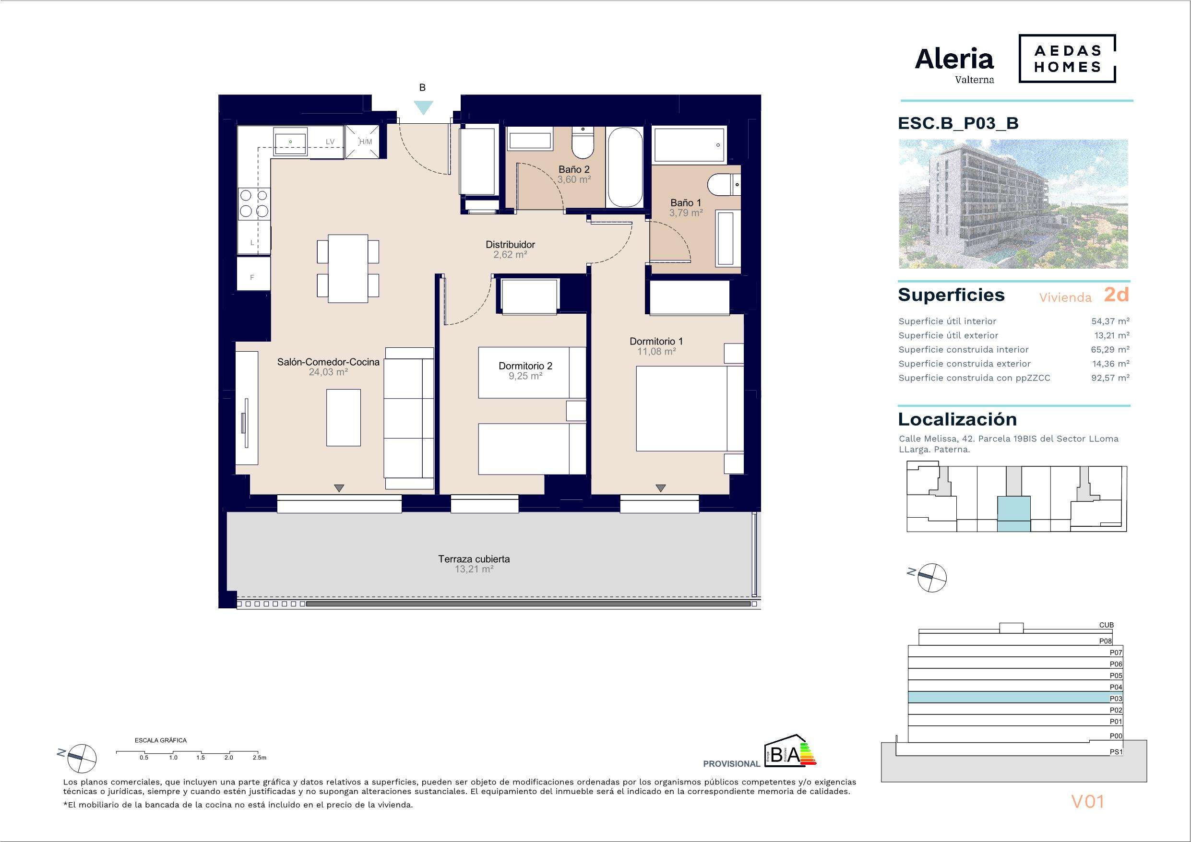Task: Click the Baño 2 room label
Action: [x=574, y=169]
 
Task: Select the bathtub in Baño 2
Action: [x=625, y=167]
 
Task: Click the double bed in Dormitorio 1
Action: [x=690, y=408]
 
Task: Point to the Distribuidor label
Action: [x=510, y=244]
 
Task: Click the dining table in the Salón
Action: [x=348, y=268]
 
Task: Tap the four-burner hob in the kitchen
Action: [x=254, y=203]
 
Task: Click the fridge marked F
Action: [x=254, y=273]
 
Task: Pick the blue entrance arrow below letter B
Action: [x=423, y=107]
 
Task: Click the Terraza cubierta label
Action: [x=474, y=559]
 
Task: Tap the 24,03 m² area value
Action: [x=328, y=372]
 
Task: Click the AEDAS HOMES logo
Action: [x=1068, y=59]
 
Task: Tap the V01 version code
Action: [x=1087, y=802]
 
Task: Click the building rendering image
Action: [x=1013, y=204]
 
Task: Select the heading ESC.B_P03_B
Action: [x=958, y=123]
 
